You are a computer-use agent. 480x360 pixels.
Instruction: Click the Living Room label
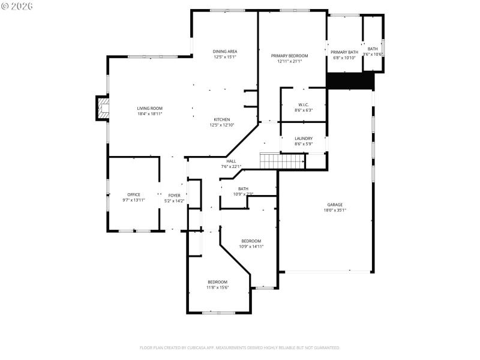pos(149,108)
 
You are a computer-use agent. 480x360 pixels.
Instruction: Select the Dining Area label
pos(225,52)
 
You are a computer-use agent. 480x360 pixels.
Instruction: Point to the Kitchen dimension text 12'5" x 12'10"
pos(222,125)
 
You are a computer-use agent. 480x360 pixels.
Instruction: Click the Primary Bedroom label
pos(289,56)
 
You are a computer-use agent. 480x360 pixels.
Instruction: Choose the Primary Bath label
pos(344,52)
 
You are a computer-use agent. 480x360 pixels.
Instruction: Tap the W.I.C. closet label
pos(303,104)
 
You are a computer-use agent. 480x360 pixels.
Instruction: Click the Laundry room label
pos(304,139)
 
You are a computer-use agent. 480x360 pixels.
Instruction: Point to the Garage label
pos(335,204)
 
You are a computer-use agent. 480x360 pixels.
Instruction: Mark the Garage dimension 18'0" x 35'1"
pos(335,210)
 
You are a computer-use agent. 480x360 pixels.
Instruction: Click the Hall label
pos(231,161)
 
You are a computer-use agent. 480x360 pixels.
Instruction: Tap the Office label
pos(133,194)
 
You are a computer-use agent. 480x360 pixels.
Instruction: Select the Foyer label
pos(174,196)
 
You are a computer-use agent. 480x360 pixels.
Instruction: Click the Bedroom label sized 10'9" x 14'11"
pos(251,241)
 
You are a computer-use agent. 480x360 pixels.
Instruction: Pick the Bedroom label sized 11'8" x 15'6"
pos(217,281)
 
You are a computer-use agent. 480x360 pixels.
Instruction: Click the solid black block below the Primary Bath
pos(350,80)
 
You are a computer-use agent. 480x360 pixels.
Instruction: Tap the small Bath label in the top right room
pos(373,49)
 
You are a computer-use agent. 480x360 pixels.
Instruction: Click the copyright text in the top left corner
pos(17,5)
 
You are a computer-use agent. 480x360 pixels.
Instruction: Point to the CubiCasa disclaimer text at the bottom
pos(240,347)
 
